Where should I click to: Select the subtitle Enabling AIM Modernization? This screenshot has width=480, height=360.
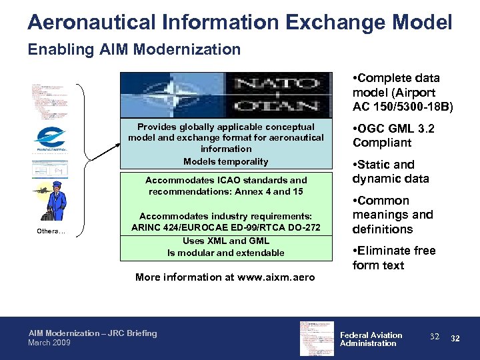[x=134, y=49]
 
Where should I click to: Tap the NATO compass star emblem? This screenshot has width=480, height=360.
[x=163, y=95]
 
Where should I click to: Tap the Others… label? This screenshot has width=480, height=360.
[x=51, y=232]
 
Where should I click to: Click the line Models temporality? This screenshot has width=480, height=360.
[x=225, y=161]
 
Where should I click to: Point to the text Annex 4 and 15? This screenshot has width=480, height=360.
[x=273, y=192]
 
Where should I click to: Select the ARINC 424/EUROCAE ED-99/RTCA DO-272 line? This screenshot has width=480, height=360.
[x=225, y=228]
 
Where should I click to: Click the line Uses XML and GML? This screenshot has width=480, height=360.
[x=225, y=241]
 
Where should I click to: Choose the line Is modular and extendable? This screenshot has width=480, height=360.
[x=225, y=253]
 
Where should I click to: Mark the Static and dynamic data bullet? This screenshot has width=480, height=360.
[x=391, y=171]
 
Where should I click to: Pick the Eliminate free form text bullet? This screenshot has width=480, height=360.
[x=393, y=258]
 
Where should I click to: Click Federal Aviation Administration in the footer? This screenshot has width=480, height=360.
[x=371, y=339]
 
